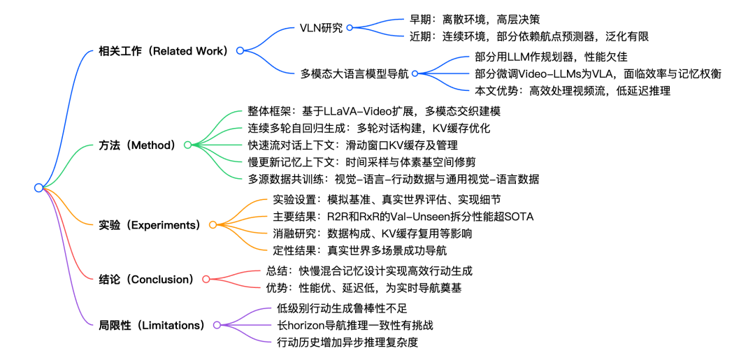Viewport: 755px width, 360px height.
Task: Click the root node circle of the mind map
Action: [38, 188]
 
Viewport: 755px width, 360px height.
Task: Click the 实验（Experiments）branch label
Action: [150, 224]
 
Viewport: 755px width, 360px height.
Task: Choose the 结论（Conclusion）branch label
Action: [147, 279]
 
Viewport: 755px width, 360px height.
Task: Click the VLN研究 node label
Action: [321, 27]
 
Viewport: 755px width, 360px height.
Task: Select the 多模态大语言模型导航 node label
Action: [354, 73]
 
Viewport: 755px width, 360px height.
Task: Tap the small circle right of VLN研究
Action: [350, 27]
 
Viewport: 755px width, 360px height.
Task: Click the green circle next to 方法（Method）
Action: [187, 145]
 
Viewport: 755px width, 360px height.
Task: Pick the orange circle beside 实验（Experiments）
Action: [213, 224]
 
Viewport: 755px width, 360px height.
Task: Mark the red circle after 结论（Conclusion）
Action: [206, 279]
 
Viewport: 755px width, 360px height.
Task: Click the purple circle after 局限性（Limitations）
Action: [217, 325]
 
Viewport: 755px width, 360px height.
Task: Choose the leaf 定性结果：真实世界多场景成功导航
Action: [361, 250]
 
